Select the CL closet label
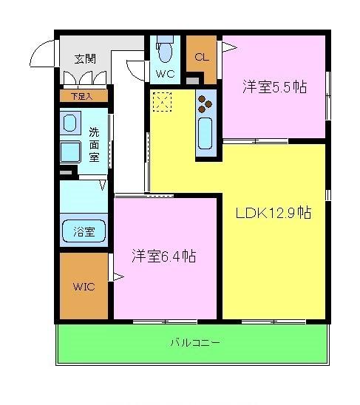(x=201, y=56)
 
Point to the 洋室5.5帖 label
(x=274, y=87)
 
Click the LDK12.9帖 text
(x=273, y=214)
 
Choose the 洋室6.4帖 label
(x=163, y=256)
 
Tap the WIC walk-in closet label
(x=83, y=286)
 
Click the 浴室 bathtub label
(x=84, y=232)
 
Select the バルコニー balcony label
(x=194, y=343)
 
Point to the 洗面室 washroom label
(x=95, y=144)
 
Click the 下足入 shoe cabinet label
(x=83, y=95)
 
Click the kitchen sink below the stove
(x=206, y=133)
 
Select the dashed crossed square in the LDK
(x=161, y=101)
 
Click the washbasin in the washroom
(x=71, y=123)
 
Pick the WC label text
(x=165, y=74)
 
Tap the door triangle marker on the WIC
(x=115, y=277)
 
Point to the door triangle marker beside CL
(x=228, y=48)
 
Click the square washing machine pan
(x=71, y=152)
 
